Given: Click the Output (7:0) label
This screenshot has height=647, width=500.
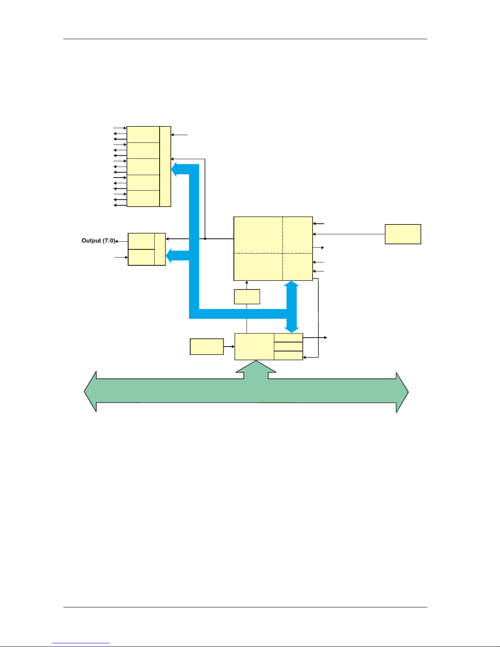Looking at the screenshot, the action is [98, 240].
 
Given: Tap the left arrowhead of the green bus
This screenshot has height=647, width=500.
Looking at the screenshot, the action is [91, 391].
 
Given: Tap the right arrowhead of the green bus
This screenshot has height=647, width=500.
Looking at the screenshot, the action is [402, 392].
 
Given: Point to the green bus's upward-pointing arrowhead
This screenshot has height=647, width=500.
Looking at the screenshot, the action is [256, 367].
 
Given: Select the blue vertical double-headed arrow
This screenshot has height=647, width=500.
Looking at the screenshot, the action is [291, 307].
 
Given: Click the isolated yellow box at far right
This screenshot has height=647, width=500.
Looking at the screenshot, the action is [403, 234].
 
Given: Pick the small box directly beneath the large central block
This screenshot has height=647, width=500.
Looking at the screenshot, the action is [247, 296].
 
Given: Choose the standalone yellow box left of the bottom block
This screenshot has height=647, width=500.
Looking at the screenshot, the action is [207, 347].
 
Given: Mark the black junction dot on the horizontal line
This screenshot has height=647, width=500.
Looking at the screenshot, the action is [205, 239].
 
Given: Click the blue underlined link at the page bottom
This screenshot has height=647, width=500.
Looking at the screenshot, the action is [81, 643].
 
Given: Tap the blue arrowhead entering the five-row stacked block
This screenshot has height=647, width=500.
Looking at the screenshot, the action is [174, 169].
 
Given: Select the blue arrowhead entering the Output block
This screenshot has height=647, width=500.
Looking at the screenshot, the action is [169, 256].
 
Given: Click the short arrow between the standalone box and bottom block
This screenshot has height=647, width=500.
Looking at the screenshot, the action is [229, 347].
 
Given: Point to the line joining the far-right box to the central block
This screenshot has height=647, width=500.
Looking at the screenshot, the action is [349, 234].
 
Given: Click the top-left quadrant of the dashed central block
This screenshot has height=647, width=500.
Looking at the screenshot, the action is [258, 235].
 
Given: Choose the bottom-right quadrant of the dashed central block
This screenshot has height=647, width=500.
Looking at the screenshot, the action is [298, 267].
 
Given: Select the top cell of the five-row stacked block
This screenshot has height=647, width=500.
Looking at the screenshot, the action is [143, 135].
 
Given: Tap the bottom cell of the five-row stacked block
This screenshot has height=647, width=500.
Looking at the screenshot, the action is [143, 198].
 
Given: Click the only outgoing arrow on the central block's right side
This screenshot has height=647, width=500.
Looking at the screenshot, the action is [318, 248].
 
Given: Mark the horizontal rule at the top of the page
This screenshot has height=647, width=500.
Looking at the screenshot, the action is [245, 39].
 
